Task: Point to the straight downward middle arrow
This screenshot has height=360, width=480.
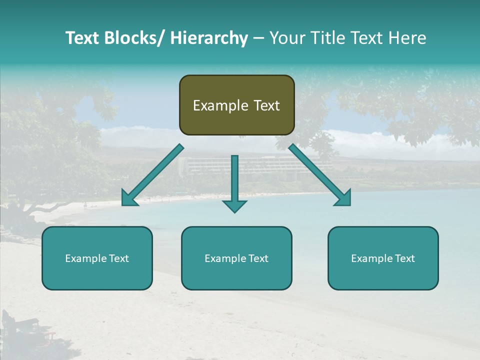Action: pyautogui.click(x=234, y=182)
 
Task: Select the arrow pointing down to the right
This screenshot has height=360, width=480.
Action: pyautogui.click(x=320, y=175)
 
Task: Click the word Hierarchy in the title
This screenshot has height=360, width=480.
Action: pyautogui.click(x=208, y=38)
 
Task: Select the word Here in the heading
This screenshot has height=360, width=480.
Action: pyautogui.click(x=407, y=38)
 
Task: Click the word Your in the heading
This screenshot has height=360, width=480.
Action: pyautogui.click(x=285, y=38)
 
